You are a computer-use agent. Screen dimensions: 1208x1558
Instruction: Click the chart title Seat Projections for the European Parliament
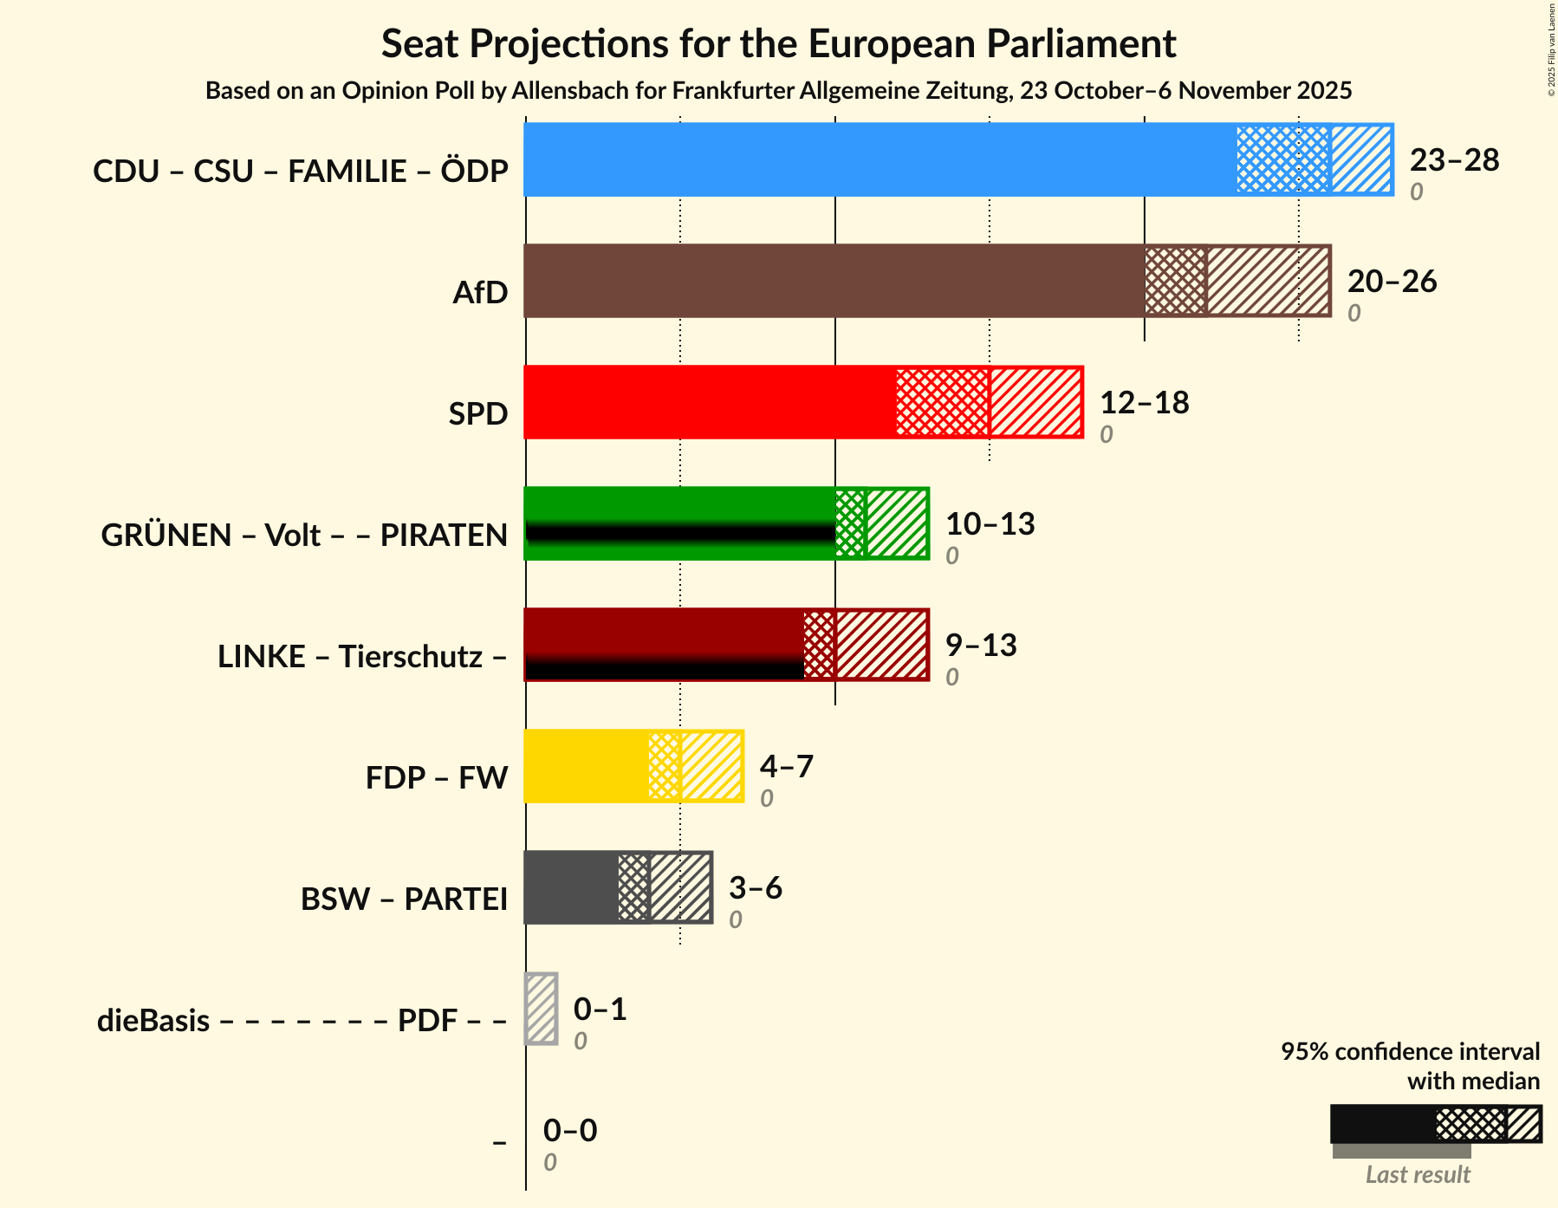[x=778, y=43]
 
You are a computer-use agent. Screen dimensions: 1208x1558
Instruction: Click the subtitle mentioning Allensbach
[x=778, y=91]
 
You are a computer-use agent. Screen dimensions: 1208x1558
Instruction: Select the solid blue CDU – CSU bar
[x=880, y=159]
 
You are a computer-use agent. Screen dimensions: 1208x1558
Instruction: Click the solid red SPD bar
[x=710, y=402]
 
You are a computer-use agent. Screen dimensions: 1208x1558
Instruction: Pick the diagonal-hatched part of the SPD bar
[x=1035, y=402]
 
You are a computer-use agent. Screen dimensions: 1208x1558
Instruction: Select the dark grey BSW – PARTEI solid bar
[x=571, y=887]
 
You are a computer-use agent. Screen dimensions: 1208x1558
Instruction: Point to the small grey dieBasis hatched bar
[x=542, y=1009]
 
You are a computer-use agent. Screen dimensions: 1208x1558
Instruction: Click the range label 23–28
[x=1454, y=160]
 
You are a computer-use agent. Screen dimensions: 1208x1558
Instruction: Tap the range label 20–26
[x=1392, y=282]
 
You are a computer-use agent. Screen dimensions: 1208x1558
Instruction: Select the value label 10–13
[x=990, y=524]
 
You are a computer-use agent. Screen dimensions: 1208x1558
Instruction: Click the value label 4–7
[x=786, y=767]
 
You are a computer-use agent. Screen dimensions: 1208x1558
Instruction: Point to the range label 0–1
[x=600, y=1010]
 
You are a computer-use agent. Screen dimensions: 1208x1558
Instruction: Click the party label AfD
[x=480, y=293]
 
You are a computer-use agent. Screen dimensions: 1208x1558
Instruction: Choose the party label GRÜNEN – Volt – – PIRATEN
[x=304, y=536]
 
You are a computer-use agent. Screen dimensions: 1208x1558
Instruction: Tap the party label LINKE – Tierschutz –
[x=362, y=657]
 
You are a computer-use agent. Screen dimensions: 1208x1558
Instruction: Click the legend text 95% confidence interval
[x=1410, y=1052]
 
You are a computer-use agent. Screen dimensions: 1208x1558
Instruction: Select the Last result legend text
[x=1418, y=1175]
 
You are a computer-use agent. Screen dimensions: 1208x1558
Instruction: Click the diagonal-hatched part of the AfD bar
[x=1269, y=281]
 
